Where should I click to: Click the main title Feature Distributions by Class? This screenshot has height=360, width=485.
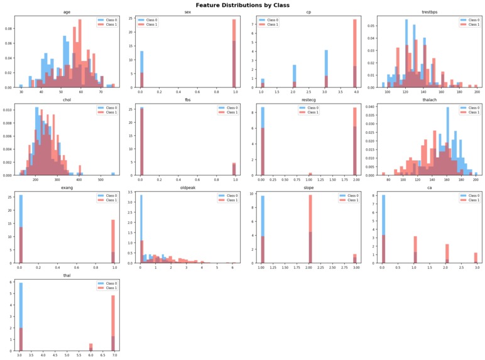(x=242, y=4)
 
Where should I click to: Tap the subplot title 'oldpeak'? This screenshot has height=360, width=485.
(x=187, y=187)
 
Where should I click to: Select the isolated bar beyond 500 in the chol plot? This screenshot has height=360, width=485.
(x=113, y=173)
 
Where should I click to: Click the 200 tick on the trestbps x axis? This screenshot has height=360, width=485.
(x=477, y=92)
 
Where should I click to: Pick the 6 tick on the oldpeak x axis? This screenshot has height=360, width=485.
(x=233, y=267)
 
